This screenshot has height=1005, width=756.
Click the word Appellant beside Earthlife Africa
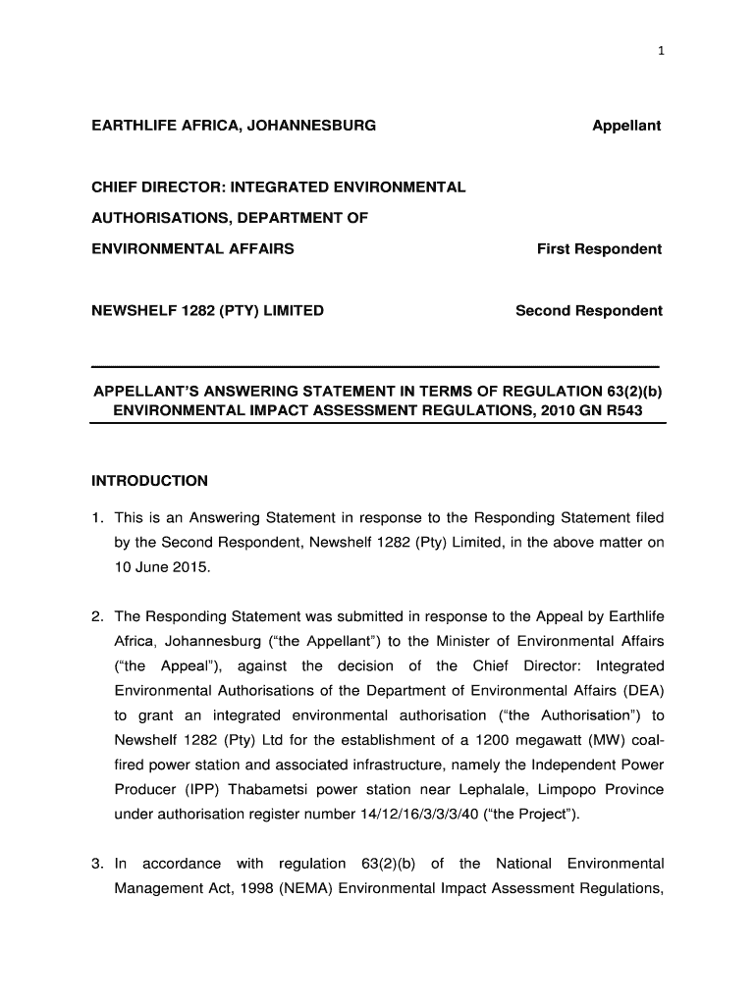626,126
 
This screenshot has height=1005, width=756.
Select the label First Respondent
599,249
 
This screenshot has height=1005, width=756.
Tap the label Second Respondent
589,311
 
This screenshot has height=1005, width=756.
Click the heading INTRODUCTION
149,481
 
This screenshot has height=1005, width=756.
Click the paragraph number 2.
97,616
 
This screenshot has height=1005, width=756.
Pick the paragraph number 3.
97,864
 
